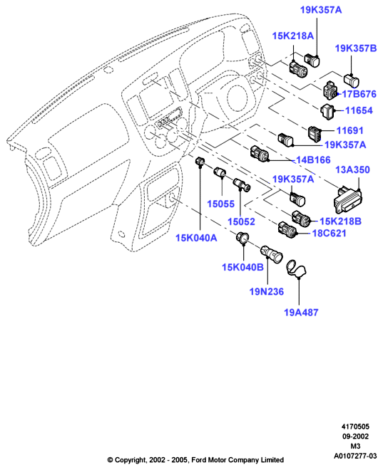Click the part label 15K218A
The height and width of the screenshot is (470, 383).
292,36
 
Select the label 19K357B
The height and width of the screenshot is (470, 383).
356,48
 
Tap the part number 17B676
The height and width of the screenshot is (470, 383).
359,94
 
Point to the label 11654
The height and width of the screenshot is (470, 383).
359,110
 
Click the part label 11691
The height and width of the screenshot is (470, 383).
349,131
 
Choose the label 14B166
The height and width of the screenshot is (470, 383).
313,160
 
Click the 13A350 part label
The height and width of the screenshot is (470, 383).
352,170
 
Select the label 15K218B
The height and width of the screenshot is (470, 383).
340,221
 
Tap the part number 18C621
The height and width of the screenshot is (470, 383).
330,233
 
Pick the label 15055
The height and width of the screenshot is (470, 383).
220,204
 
